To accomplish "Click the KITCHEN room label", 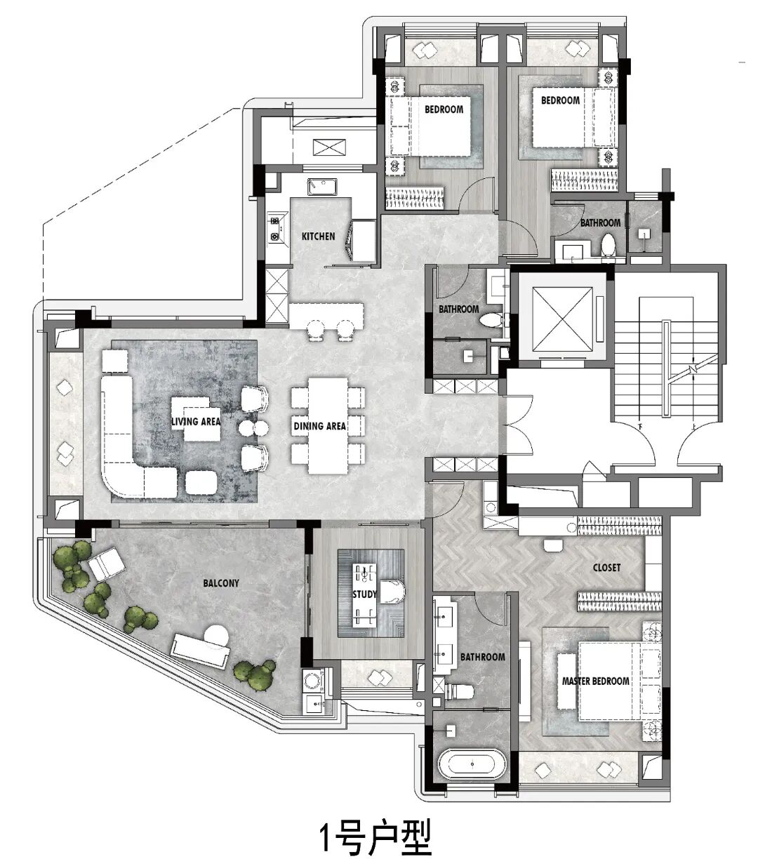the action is point(318,237).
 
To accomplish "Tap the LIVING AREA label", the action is point(196,421).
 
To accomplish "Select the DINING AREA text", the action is point(320,426).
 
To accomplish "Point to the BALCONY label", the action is point(221,583).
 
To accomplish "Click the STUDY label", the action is point(365,594).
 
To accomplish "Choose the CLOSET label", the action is point(606,567).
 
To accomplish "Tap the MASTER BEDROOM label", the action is point(596,681).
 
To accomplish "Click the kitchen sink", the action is point(322,187).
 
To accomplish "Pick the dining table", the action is point(328,425).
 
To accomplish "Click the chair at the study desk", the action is point(393,591).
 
